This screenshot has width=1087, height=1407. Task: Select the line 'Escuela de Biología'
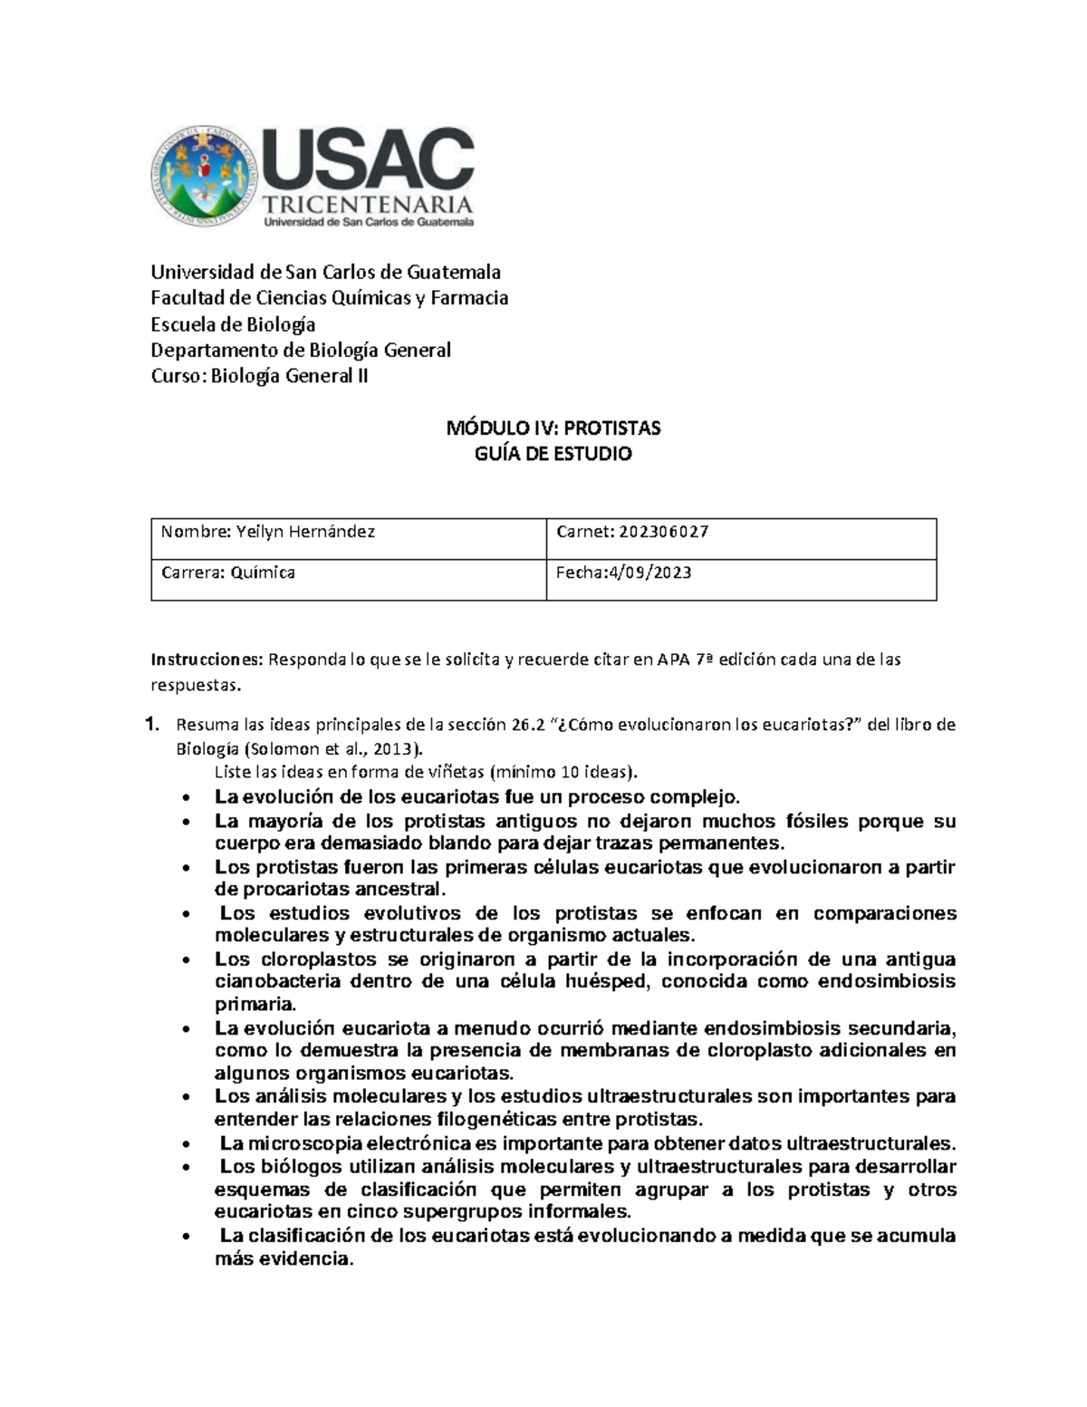tap(233, 324)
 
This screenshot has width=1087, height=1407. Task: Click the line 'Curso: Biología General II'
tap(259, 376)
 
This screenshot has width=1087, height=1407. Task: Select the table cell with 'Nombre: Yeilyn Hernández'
tap(268, 533)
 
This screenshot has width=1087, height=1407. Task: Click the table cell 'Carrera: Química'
tap(228, 573)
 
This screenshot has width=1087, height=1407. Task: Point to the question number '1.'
tap(154, 725)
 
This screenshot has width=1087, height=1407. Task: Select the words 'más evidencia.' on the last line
tap(283, 1259)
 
